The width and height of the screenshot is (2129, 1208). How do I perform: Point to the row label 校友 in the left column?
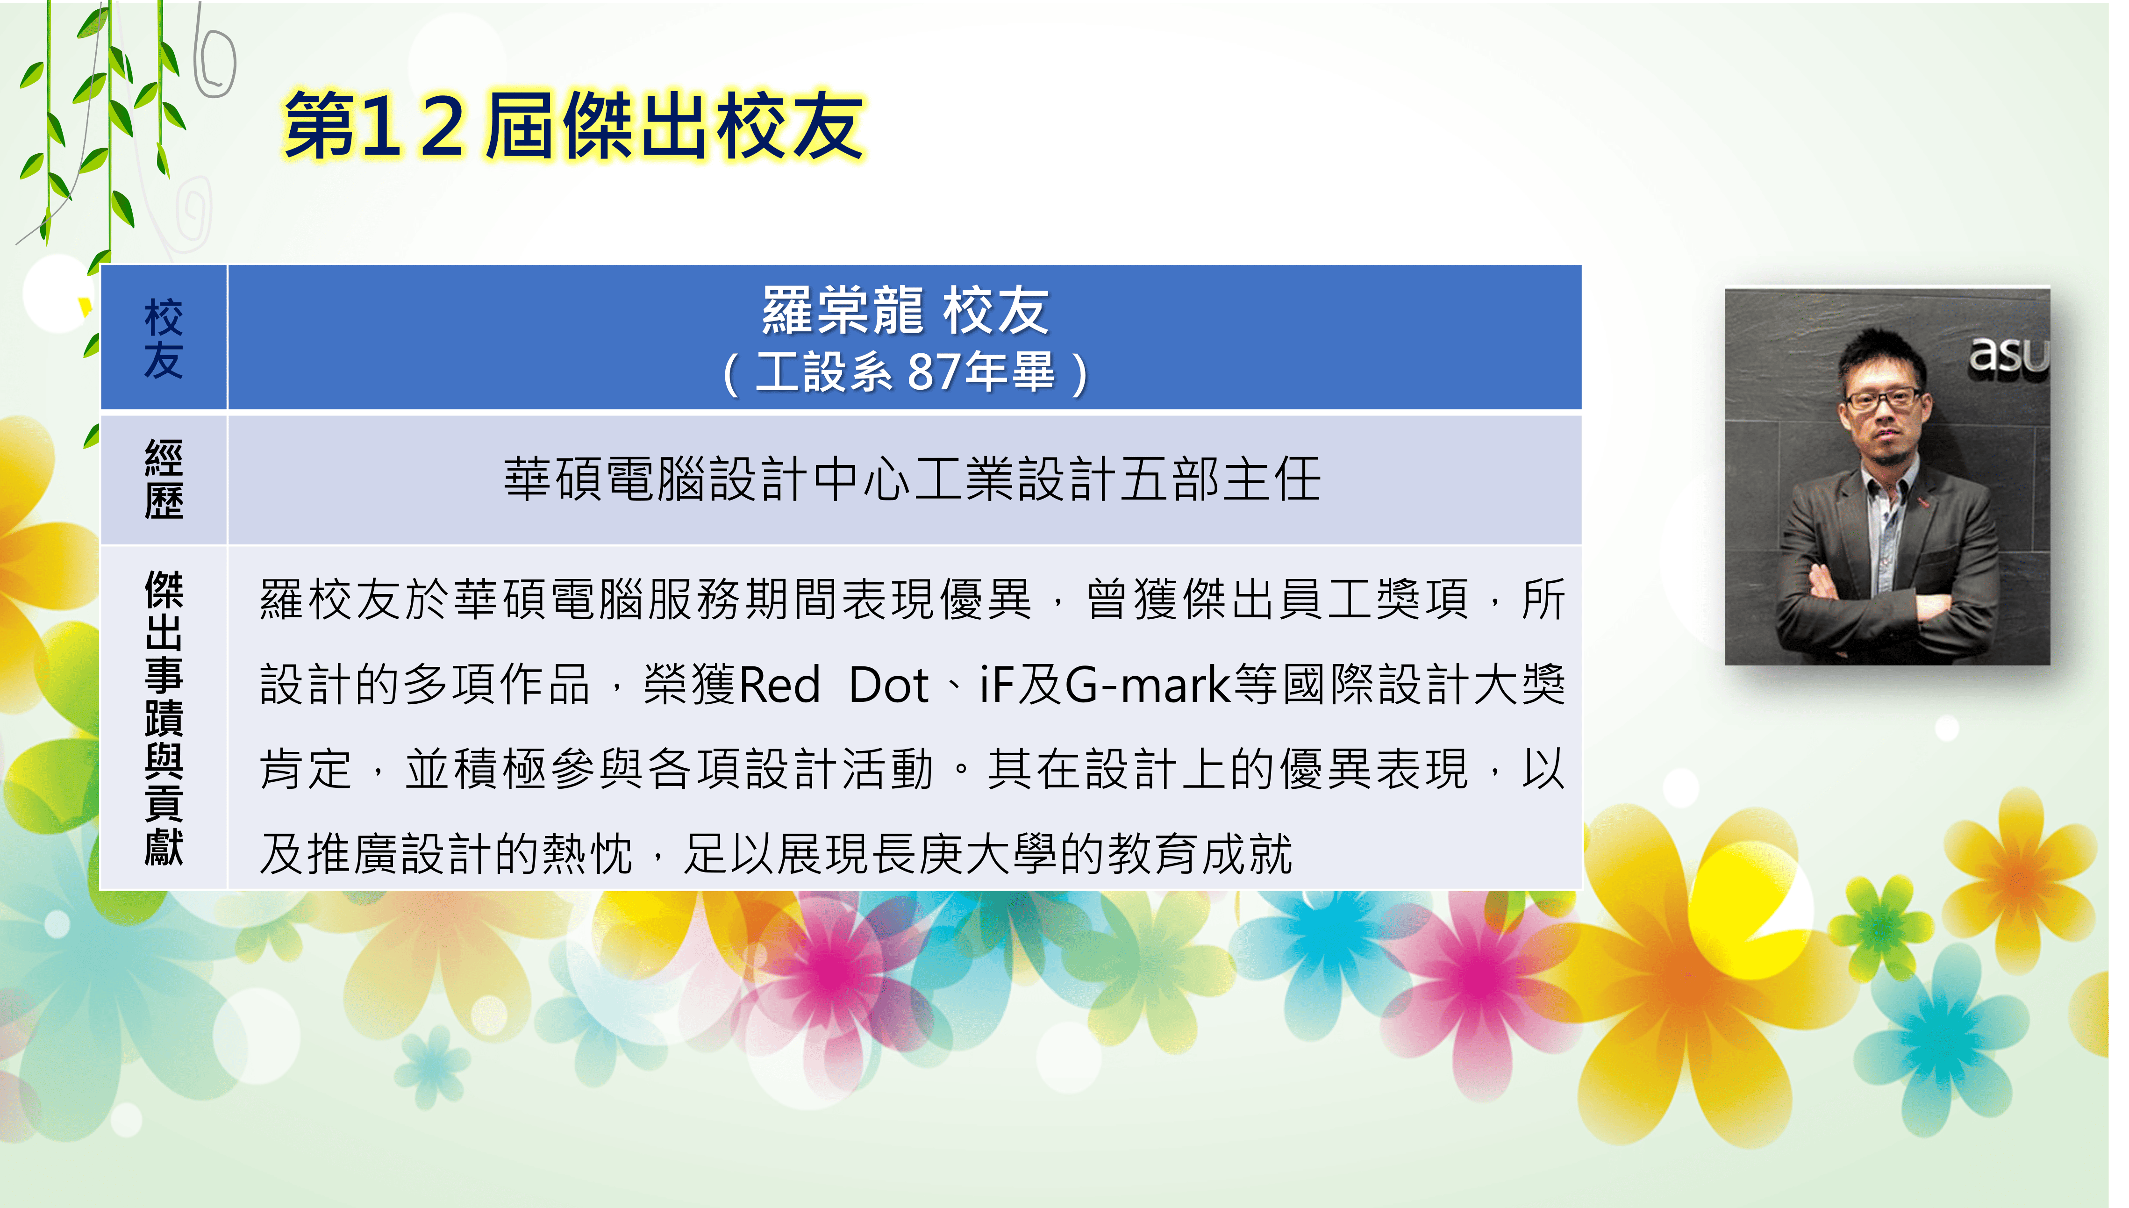click(x=164, y=338)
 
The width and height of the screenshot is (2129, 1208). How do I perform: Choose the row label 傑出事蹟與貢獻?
click(x=164, y=718)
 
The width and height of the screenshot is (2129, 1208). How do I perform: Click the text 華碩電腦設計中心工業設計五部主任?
click(x=912, y=479)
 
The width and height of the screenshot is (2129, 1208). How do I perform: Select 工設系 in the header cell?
click(x=823, y=372)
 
